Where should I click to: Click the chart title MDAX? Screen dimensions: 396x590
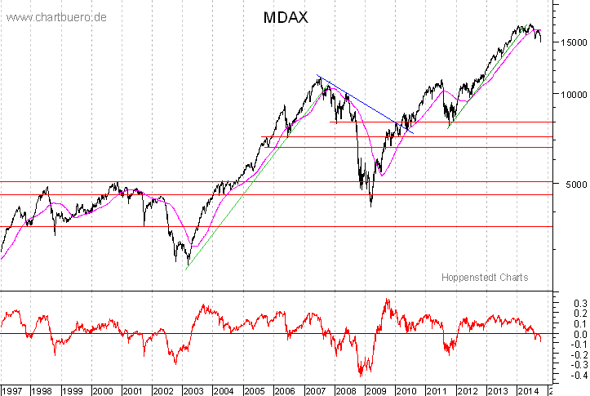point(286,17)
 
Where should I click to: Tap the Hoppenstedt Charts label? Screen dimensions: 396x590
point(485,278)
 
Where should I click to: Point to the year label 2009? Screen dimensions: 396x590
point(376,391)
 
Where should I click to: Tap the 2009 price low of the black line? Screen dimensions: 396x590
point(370,205)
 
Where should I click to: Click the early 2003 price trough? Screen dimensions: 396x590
point(188,265)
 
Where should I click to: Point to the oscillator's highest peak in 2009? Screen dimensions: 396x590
point(387,300)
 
